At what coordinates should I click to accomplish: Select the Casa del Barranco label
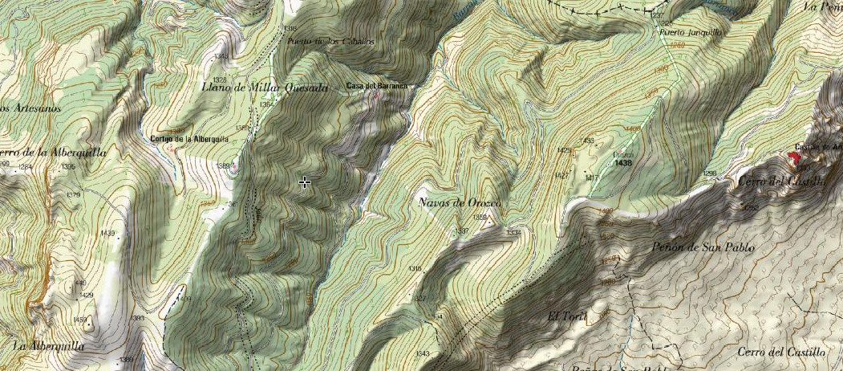point(377,86)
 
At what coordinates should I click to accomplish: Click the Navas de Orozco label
point(460,202)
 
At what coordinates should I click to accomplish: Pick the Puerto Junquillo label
point(691,33)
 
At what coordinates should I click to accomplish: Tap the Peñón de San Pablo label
point(704,248)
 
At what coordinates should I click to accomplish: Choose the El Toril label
point(567,316)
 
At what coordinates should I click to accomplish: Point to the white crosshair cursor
point(305,183)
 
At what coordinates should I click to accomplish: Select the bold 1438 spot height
point(624,162)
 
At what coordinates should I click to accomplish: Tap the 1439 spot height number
point(107,234)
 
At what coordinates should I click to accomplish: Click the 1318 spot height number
point(290,28)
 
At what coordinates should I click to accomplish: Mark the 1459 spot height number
point(80,320)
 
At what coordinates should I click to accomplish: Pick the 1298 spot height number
point(709,173)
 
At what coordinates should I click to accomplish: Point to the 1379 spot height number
point(74,195)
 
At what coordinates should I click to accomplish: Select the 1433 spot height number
point(587,141)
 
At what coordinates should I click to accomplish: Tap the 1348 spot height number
point(221,56)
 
